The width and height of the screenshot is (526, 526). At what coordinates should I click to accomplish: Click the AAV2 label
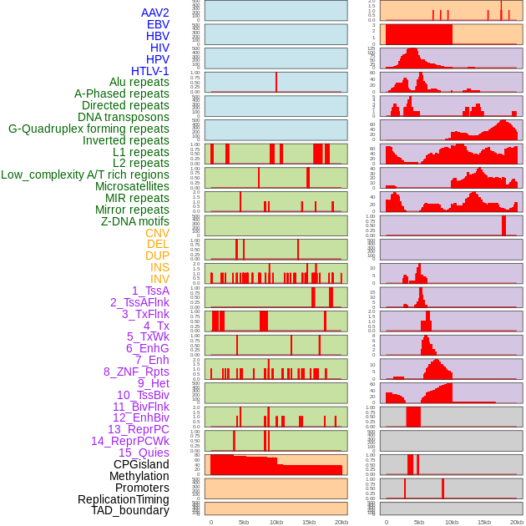155,13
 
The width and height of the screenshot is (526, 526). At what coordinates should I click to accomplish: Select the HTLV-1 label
150,71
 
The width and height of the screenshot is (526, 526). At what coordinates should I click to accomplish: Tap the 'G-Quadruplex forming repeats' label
89,129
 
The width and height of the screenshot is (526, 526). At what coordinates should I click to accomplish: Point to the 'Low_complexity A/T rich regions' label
85,174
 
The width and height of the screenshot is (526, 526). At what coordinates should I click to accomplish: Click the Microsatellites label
132,186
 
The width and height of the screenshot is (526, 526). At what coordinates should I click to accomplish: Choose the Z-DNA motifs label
135,221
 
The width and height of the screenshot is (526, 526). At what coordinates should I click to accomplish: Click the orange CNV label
157,233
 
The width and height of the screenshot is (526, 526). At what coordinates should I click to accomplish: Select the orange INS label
159,267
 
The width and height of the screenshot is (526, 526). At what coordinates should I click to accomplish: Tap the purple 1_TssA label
150,291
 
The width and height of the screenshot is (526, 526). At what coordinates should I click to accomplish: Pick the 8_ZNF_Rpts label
136,372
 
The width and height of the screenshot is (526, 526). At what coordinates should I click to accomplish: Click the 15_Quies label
142,453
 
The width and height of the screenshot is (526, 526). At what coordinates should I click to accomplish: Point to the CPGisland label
141,464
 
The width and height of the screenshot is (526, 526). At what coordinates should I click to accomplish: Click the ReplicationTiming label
123,499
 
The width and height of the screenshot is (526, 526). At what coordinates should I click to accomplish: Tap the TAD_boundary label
130,510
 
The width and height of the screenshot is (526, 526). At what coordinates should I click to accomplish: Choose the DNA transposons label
124,117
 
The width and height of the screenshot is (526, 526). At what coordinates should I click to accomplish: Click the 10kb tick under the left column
276,522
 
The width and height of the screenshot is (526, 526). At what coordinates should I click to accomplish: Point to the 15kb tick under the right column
484,522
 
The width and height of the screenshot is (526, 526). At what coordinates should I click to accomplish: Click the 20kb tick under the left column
341,522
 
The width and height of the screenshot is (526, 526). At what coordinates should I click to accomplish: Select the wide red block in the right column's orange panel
418,34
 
